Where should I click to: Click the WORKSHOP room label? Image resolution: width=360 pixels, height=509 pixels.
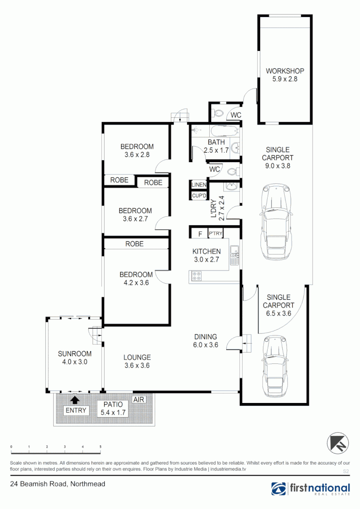pos(285,71)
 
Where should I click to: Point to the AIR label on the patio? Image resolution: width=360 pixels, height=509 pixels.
pos(139,399)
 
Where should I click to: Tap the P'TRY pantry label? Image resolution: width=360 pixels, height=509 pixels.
pos(215,233)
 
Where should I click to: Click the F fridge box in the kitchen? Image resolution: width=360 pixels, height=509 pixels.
pos(200,233)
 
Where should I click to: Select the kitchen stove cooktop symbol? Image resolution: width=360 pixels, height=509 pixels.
pos(196,276)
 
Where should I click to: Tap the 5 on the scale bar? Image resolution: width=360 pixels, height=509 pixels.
pos(100,446)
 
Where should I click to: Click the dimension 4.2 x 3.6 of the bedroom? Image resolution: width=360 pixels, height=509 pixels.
pos(136,283)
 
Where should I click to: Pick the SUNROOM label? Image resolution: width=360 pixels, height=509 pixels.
pos(74,353)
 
